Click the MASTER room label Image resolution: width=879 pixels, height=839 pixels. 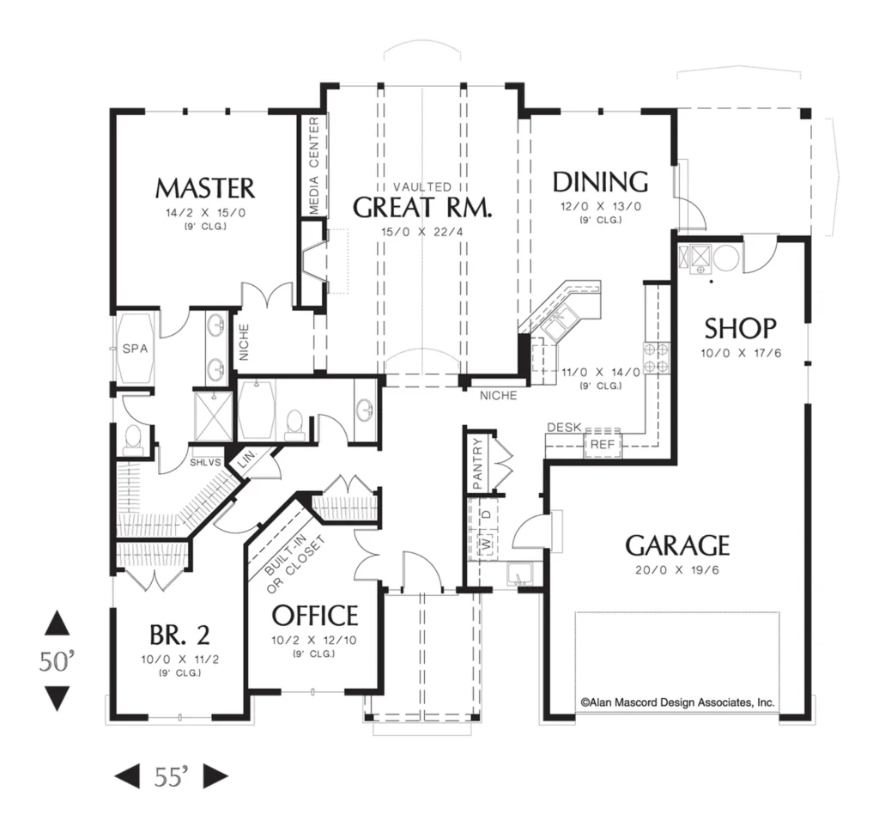[x=204, y=188]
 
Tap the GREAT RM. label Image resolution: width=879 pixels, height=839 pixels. [x=422, y=207]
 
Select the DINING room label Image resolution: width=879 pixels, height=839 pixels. [x=600, y=182]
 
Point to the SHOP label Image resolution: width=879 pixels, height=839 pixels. [x=740, y=329]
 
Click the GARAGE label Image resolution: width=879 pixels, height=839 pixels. [x=677, y=545]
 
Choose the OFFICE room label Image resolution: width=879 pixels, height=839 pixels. [x=314, y=615]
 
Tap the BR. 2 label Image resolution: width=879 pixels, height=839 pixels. [x=179, y=635]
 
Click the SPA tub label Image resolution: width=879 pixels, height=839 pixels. [x=135, y=349]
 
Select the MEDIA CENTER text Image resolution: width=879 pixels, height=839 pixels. [x=313, y=166]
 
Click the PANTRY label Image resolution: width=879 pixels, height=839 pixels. [x=477, y=464]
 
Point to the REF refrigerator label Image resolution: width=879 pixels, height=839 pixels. [x=603, y=444]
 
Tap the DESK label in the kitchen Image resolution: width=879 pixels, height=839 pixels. [x=564, y=428]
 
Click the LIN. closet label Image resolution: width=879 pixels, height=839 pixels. [x=246, y=460]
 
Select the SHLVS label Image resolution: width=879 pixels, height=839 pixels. [x=205, y=463]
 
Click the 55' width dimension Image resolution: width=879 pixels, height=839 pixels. [x=171, y=776]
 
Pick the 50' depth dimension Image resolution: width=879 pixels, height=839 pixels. [x=57, y=661]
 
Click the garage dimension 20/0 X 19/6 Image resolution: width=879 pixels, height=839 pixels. [x=677, y=570]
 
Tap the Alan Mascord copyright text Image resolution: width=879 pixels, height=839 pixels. [x=677, y=702]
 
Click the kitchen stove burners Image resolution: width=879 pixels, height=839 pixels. [x=656, y=358]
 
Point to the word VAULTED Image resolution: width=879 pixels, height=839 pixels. [x=422, y=186]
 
